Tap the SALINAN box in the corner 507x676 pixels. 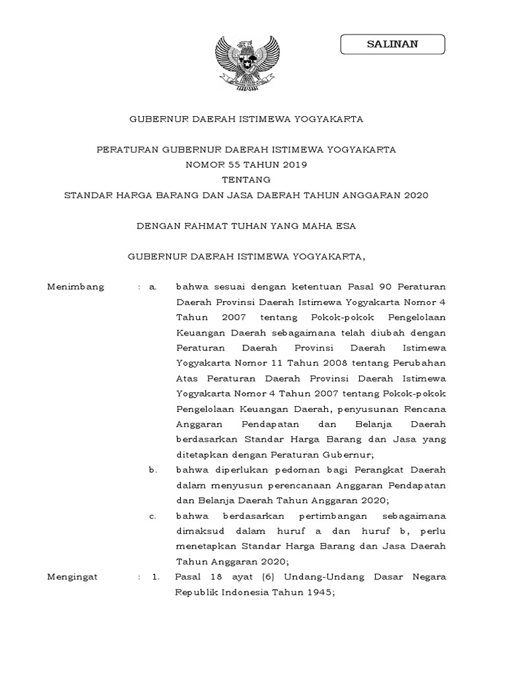(392, 45)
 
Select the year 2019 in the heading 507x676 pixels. (292, 164)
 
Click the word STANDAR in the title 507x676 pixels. (88, 195)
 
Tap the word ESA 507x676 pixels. (347, 226)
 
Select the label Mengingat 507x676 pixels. (73, 576)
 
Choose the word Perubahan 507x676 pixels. (422, 362)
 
